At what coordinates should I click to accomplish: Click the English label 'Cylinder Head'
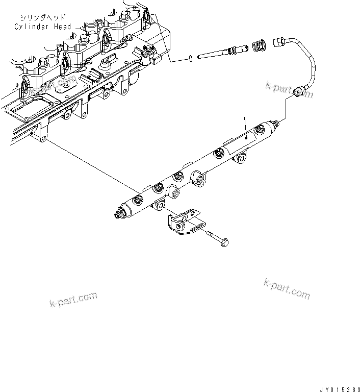point(43,27)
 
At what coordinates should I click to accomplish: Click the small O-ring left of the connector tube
point(189,58)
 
